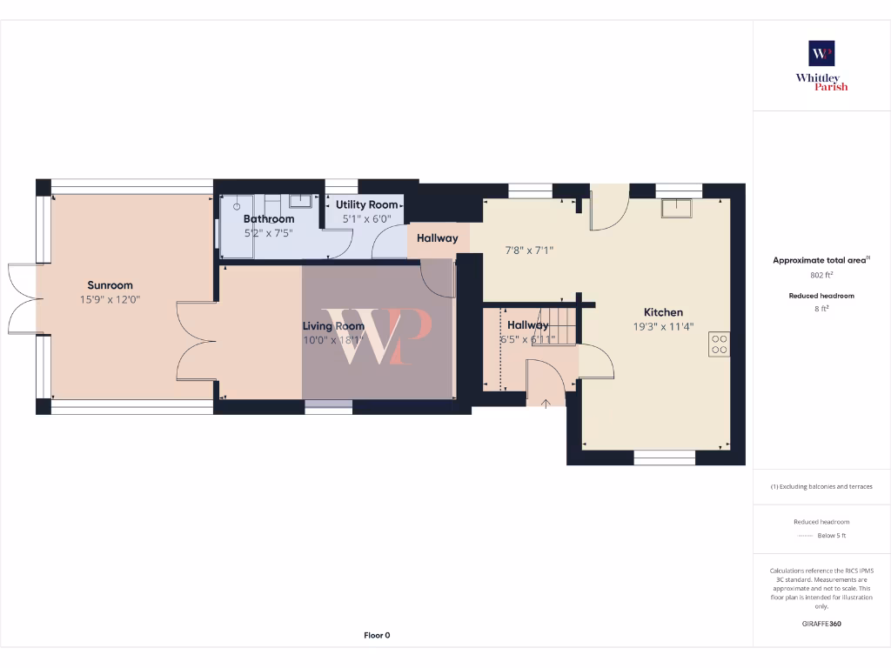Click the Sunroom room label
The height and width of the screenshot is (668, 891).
(110, 285)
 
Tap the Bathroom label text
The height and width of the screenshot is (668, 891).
(269, 219)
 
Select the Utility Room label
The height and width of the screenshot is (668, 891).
(366, 205)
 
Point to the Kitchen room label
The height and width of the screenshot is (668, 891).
(663, 312)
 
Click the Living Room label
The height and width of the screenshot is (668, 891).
(333, 326)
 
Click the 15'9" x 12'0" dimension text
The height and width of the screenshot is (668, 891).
(110, 299)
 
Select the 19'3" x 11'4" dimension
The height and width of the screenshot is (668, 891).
(663, 327)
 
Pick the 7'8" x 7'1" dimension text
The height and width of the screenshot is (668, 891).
(530, 250)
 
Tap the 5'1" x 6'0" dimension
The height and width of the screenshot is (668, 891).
(366, 219)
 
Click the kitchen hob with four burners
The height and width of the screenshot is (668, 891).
(719, 344)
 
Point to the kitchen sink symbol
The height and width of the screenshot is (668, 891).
(675, 209)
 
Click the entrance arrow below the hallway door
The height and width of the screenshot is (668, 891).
(545, 402)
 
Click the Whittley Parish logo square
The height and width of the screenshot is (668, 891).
(821, 53)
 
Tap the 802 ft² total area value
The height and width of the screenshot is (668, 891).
(821, 275)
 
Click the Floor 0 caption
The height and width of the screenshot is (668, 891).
(377, 635)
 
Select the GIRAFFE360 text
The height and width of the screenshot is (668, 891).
(821, 624)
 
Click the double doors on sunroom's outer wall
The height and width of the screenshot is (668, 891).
(22, 298)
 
